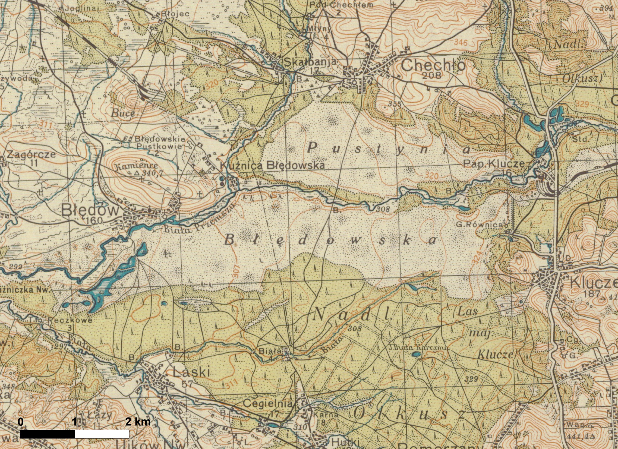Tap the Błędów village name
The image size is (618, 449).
90,210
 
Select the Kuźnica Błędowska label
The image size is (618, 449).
272,165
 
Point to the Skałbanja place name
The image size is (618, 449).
310,62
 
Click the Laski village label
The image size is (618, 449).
191,372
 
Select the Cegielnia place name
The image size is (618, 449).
267,404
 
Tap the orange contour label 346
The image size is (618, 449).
461,42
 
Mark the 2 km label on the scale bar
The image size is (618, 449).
138,422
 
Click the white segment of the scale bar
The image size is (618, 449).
102,434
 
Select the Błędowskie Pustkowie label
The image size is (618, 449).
159,142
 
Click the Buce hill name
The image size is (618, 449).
124,113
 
